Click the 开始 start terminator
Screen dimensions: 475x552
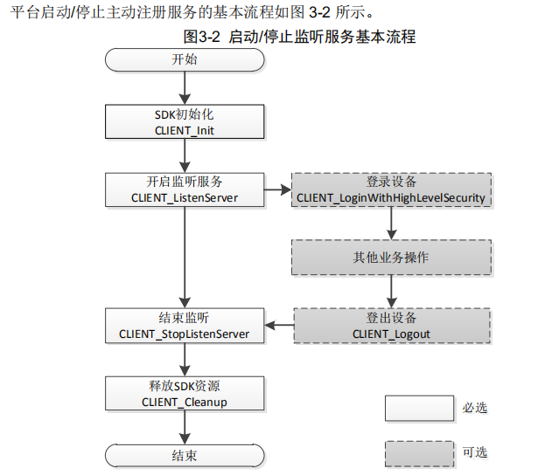[x=184, y=59]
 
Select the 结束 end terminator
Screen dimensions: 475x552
[x=184, y=456]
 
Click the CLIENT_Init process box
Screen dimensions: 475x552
[x=184, y=122]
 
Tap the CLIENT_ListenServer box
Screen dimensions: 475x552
[x=184, y=189]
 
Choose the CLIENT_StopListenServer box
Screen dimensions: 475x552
[x=184, y=325]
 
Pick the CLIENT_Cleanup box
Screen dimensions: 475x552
[x=184, y=393]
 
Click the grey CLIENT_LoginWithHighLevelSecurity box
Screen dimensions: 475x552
[x=390, y=189]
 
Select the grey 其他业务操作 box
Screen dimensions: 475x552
[x=390, y=258]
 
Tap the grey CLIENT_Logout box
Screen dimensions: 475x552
[x=390, y=325]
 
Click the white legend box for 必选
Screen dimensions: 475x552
[x=419, y=409]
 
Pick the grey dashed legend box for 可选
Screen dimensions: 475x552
[x=419, y=452]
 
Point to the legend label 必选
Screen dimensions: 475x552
[x=475, y=409]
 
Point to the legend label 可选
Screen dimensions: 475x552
[x=475, y=452]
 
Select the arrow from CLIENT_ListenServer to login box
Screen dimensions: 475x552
[x=276, y=189]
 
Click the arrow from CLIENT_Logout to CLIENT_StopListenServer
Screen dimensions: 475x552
[x=278, y=326]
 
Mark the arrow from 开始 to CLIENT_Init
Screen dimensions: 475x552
[x=184, y=88]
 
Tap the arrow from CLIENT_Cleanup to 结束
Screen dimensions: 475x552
[x=184, y=426]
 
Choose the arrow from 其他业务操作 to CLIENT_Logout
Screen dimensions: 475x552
[x=390, y=291]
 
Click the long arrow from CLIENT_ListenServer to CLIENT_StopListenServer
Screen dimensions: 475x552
[x=184, y=258]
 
